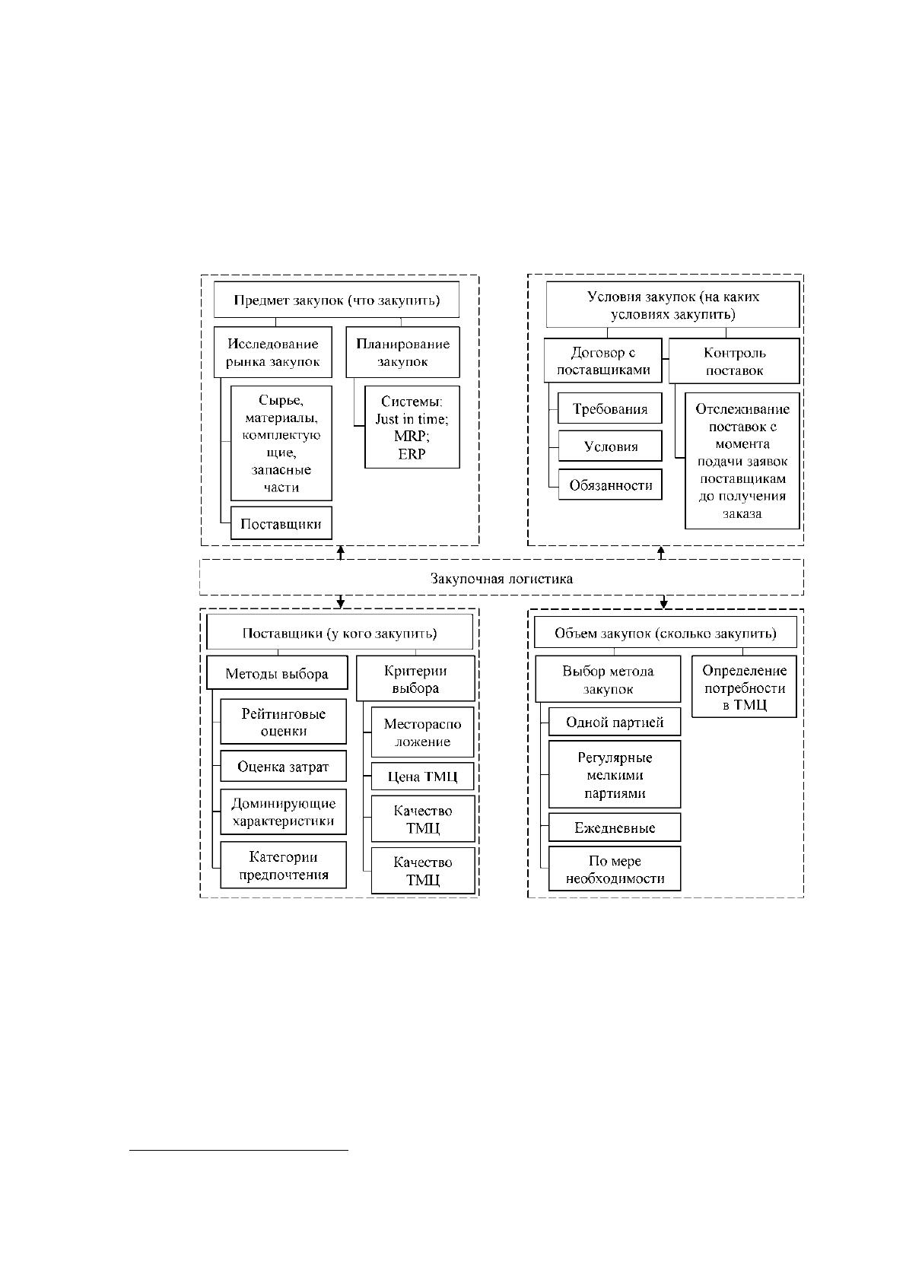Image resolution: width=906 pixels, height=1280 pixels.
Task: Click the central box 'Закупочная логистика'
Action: (x=501, y=577)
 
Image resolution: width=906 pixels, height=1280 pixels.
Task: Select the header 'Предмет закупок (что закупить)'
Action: (x=337, y=300)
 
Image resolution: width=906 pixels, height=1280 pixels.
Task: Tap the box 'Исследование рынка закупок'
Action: (x=272, y=352)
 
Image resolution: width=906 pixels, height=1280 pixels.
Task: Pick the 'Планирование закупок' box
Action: (x=402, y=352)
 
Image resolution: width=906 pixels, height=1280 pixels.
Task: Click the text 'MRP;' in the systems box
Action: (x=412, y=436)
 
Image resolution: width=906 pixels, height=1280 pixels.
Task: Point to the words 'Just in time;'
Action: (x=412, y=419)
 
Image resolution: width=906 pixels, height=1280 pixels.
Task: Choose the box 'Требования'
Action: (x=610, y=408)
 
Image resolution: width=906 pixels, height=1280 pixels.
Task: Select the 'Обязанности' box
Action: (x=611, y=484)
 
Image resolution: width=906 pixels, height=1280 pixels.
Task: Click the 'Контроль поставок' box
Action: (x=734, y=360)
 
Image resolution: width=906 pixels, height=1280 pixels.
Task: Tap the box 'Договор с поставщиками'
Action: (x=603, y=360)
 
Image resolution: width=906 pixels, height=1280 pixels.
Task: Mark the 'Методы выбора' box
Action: (x=277, y=672)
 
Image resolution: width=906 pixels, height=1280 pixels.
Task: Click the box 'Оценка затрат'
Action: (x=283, y=767)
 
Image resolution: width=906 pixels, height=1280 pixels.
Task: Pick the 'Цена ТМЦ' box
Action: (x=422, y=776)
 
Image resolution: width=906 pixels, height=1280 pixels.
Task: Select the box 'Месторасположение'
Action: (x=422, y=732)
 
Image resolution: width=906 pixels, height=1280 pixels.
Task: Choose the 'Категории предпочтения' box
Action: (x=283, y=866)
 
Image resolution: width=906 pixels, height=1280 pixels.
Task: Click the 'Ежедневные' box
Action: (x=615, y=827)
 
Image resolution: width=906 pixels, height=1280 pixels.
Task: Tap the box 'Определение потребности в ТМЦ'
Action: (x=744, y=686)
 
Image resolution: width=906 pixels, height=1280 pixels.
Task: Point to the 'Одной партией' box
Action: (x=615, y=722)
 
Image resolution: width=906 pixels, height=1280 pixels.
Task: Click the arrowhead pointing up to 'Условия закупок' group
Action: (x=661, y=551)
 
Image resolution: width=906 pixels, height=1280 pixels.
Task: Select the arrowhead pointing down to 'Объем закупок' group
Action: (x=663, y=603)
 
